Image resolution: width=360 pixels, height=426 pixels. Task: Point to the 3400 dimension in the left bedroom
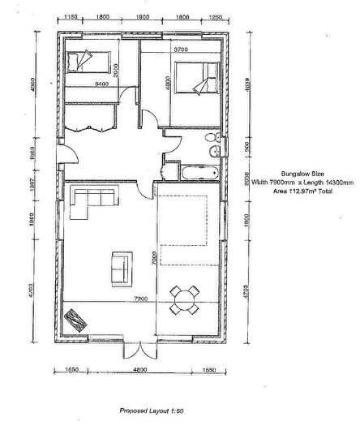[x=101, y=84]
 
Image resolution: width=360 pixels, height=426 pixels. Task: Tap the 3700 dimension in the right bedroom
[x=182, y=50]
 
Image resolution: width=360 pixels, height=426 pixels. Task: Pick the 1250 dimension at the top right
[x=215, y=15]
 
